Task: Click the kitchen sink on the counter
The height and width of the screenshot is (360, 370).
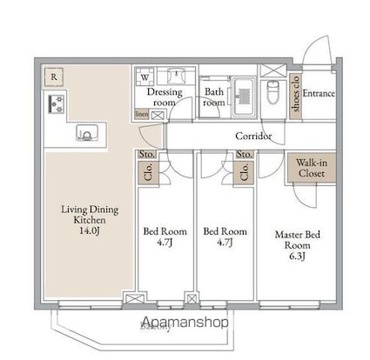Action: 89,133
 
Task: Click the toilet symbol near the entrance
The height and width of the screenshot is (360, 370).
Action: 271,88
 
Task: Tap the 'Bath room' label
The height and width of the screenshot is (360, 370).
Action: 214,96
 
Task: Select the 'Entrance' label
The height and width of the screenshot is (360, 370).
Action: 319,93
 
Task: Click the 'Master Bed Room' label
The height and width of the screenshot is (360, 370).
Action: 298,238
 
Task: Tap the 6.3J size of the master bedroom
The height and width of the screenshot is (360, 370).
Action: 298,257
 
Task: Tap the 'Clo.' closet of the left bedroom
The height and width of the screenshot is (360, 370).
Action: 145,172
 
